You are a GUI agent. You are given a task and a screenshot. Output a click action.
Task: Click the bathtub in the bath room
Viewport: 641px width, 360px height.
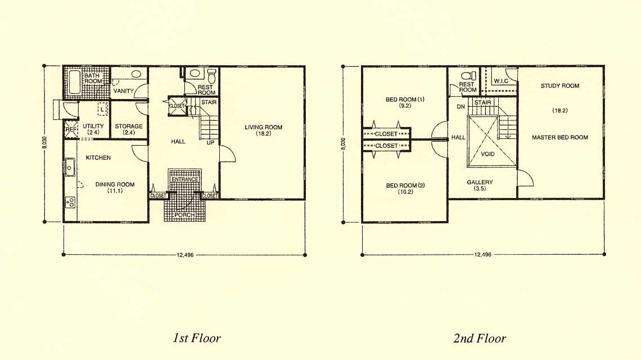(x=74, y=82)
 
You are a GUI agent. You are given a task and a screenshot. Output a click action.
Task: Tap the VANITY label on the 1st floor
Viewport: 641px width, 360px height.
(x=123, y=91)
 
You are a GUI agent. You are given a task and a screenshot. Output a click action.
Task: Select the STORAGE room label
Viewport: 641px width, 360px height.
(x=128, y=126)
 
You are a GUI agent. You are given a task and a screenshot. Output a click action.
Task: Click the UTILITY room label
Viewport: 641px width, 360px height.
(x=93, y=126)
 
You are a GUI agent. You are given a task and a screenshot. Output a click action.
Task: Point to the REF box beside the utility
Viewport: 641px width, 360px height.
(x=71, y=130)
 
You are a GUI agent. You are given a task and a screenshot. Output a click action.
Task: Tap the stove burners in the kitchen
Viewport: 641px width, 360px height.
(x=70, y=202)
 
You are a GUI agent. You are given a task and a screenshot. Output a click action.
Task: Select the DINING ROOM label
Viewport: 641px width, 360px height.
(x=115, y=184)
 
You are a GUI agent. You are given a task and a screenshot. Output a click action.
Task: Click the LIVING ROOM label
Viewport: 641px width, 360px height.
(x=263, y=127)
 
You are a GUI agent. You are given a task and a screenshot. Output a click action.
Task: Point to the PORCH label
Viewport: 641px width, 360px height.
(x=184, y=215)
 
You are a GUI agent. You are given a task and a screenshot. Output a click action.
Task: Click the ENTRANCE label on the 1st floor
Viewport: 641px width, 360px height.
(x=185, y=179)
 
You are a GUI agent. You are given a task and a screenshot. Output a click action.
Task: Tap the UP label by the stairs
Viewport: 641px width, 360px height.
(x=210, y=142)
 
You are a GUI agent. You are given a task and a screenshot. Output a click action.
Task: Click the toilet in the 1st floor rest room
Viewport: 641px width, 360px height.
(x=211, y=76)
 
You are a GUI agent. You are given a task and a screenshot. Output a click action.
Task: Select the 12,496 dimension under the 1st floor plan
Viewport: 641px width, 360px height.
(x=185, y=255)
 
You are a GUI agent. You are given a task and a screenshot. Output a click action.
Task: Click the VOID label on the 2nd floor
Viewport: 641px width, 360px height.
(x=487, y=154)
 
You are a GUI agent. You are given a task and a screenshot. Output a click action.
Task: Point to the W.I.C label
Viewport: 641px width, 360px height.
(x=501, y=81)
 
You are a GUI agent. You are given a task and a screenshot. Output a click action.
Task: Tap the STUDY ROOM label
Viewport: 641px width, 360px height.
(x=560, y=86)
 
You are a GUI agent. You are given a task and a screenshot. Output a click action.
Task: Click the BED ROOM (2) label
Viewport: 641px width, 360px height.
(x=405, y=185)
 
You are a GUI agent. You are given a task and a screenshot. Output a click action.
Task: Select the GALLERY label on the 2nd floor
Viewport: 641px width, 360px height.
(x=480, y=182)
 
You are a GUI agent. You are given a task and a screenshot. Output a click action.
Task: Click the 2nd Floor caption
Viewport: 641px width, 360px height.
(x=480, y=338)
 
